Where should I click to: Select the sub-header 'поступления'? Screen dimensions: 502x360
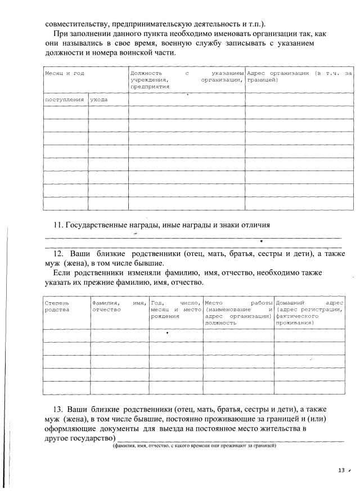[x=65, y=99]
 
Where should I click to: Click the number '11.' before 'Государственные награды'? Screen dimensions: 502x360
[x=58, y=225]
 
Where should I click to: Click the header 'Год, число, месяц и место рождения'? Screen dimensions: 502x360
[x=175, y=310]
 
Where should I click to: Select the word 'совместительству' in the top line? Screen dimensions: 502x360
[x=76, y=24]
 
